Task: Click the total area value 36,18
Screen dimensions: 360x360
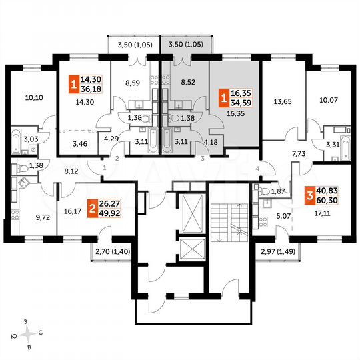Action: (x=91, y=89)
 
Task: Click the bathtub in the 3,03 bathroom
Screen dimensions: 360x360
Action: (x=14, y=141)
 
